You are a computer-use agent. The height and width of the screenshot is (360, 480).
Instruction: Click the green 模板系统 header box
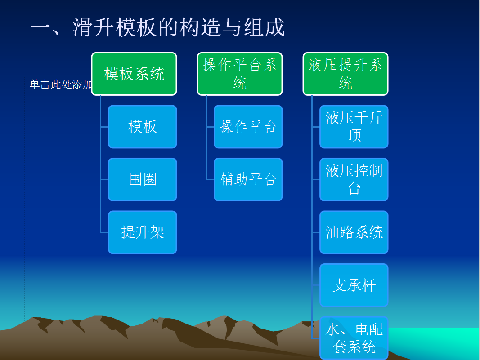click(134, 74)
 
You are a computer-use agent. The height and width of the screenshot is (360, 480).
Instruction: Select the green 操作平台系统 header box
click(240, 74)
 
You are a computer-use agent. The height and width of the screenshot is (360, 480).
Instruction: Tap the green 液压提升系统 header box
click(345, 74)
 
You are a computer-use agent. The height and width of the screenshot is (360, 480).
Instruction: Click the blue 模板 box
click(143, 127)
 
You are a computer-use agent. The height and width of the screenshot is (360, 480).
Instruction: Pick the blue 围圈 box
click(143, 179)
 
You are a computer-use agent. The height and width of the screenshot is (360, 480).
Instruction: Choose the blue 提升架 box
click(143, 232)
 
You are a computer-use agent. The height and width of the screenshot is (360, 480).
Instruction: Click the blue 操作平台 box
click(248, 127)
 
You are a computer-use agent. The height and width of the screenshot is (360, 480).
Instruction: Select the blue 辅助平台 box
click(248, 179)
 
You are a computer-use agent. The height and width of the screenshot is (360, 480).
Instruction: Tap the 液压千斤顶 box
click(354, 127)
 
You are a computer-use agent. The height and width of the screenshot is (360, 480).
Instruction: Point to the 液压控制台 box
click(354, 179)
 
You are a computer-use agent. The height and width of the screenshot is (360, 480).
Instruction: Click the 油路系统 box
click(354, 232)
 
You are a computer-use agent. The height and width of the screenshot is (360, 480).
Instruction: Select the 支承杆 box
click(354, 285)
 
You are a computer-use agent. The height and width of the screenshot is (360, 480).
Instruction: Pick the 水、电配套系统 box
click(354, 338)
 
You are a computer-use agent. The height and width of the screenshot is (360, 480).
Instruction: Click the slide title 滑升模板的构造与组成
click(179, 27)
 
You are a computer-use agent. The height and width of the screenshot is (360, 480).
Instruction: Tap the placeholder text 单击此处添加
click(61, 84)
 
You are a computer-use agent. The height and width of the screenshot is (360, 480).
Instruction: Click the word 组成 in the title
click(265, 27)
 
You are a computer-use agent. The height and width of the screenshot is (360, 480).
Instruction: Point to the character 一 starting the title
click(40, 27)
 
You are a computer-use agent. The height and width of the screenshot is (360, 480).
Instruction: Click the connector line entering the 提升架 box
click(104, 232)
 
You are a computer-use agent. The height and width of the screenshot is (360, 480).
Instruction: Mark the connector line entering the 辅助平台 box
click(210, 179)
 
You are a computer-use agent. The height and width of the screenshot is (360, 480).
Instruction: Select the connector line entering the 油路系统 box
click(316, 232)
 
